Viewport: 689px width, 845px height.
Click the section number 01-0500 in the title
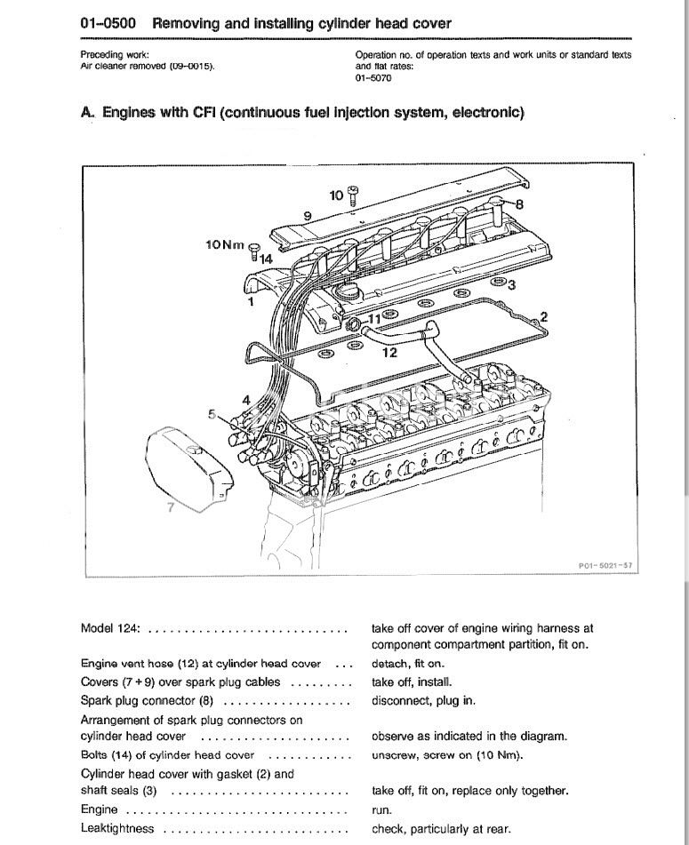108,24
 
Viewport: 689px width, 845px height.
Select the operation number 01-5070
373,78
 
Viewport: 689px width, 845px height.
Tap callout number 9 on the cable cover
308,216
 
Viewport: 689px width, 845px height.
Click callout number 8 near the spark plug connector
519,204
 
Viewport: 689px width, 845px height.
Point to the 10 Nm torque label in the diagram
225,244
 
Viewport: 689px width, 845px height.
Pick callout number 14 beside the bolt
266,259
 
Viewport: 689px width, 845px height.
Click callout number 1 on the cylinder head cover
251,301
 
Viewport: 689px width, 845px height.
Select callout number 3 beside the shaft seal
511,284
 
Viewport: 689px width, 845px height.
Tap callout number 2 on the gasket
543,317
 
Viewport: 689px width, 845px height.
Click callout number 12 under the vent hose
389,353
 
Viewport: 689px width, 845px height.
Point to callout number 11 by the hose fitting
373,319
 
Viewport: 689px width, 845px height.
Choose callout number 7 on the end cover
171,507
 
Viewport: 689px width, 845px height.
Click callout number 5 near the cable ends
212,414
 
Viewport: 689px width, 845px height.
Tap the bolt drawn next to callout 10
353,195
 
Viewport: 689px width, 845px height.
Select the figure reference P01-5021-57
605,565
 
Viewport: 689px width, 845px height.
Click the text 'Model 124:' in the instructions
110,628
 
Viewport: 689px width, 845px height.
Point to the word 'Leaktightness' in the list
117,828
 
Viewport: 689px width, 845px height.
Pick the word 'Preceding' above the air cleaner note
101,54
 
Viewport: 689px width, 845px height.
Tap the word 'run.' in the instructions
381,810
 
